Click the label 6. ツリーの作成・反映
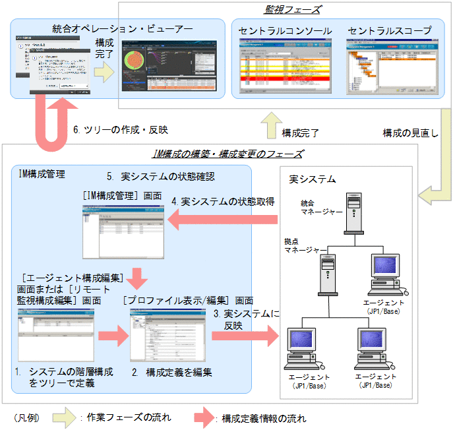coord(121,130)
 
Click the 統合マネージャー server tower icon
coord(353,211)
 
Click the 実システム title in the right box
coord(313,179)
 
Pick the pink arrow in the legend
coord(206,417)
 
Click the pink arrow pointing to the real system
coord(243,335)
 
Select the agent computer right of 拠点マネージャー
coord(388,274)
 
